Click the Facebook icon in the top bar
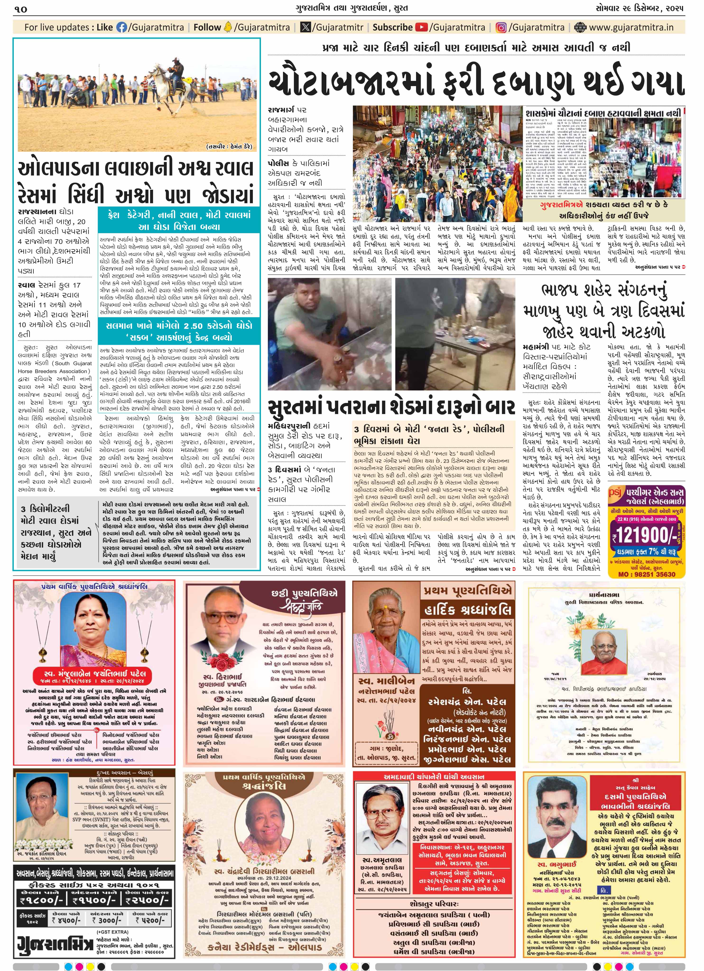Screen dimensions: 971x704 coord(122,28)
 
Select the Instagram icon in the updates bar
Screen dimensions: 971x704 coord(501,28)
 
